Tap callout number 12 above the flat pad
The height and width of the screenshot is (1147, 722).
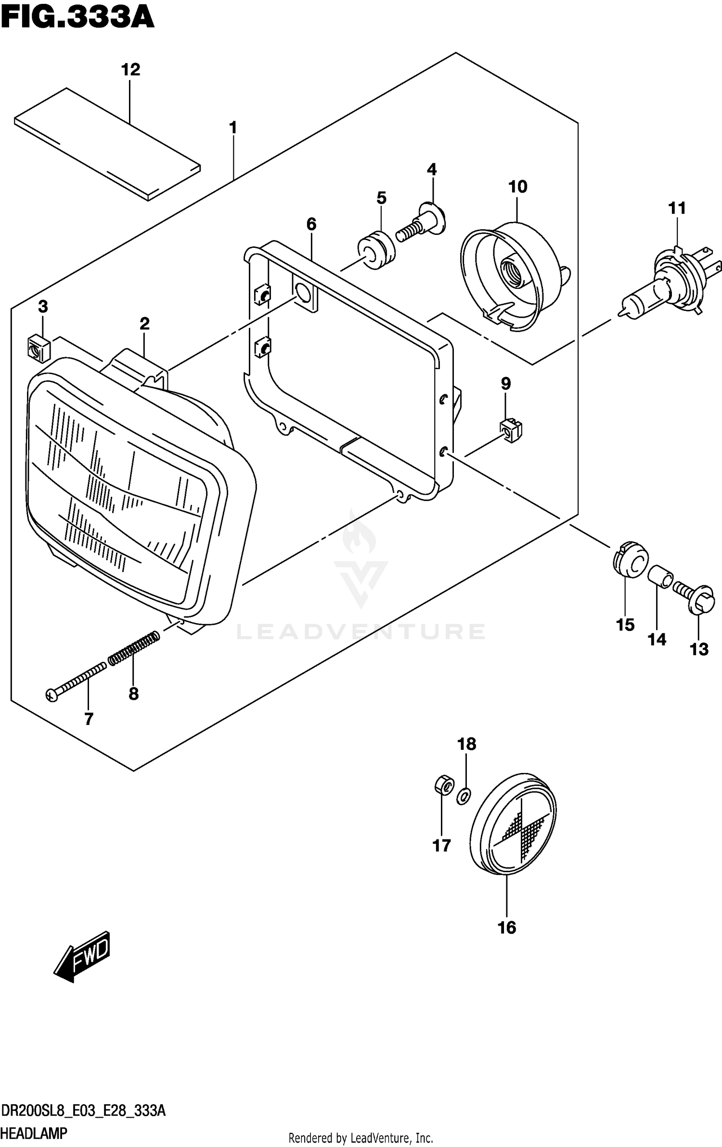130,70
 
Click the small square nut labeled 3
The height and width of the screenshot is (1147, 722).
39,349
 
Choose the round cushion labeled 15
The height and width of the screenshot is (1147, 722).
631,559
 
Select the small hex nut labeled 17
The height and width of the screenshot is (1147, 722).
442,786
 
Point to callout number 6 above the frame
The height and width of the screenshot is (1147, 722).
311,224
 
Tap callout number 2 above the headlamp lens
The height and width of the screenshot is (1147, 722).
144,323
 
